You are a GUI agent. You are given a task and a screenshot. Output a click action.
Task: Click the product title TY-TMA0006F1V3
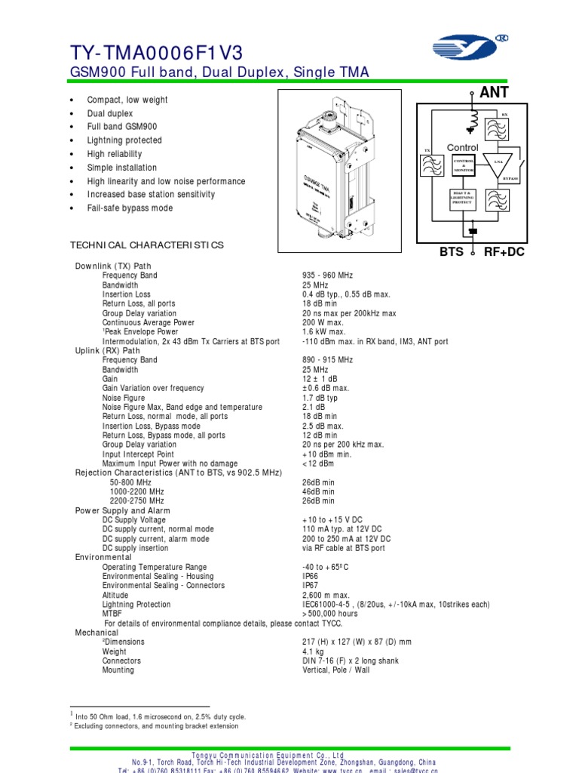(x=157, y=51)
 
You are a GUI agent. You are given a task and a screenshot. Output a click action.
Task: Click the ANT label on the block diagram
(x=494, y=92)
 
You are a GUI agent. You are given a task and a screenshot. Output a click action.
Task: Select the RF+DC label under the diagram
(x=504, y=252)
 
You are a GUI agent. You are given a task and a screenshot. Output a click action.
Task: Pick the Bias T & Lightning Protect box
(x=461, y=199)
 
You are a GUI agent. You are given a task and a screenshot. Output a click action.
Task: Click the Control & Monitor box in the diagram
(x=462, y=166)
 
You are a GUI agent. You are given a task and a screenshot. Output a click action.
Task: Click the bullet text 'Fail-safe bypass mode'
(x=130, y=208)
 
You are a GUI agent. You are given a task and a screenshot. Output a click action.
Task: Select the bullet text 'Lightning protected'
(x=124, y=140)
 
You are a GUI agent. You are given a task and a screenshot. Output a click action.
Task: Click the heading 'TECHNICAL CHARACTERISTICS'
(x=147, y=245)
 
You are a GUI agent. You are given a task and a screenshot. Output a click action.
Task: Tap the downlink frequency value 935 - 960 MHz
(x=328, y=276)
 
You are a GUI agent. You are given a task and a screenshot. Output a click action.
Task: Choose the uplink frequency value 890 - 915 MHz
(x=328, y=360)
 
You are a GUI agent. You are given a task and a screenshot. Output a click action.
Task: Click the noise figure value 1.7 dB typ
(x=320, y=398)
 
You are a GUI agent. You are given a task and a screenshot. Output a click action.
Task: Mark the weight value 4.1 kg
(x=313, y=651)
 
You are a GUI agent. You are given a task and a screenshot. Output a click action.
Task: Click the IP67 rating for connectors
(x=311, y=586)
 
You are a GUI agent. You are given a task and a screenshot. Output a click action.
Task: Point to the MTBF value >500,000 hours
(x=330, y=614)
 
